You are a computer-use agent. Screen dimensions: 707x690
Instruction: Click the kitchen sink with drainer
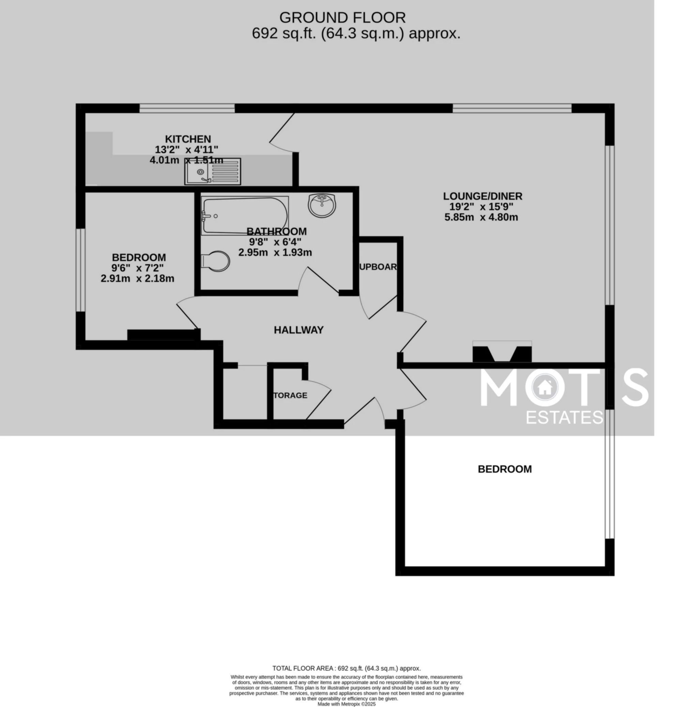click(212, 171)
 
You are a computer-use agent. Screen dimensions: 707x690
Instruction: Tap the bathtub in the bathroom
click(245, 216)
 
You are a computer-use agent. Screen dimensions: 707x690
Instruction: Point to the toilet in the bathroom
click(216, 261)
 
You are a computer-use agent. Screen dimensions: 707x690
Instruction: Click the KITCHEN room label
click(188, 139)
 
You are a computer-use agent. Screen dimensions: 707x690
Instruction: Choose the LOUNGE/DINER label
click(482, 196)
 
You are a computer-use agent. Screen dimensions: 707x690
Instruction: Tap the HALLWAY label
click(298, 330)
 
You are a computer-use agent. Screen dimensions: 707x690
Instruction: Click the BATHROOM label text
click(276, 232)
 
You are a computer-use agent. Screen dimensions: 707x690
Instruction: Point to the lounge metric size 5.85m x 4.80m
click(481, 217)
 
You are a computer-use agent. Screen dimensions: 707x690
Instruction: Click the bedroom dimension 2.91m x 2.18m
click(137, 279)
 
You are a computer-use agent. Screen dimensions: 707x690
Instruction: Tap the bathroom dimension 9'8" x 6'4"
click(275, 242)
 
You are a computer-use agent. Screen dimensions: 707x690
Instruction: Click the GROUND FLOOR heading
click(342, 17)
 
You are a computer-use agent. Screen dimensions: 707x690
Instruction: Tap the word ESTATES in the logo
click(564, 418)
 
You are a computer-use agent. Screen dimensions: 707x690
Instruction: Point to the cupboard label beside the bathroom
click(378, 267)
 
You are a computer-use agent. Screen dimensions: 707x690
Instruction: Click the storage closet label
click(290, 395)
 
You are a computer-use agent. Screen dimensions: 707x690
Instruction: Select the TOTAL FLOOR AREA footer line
click(347, 668)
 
